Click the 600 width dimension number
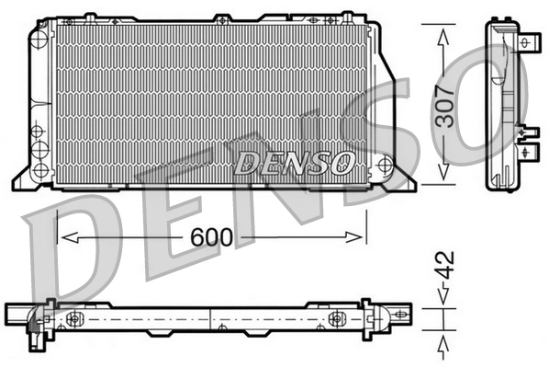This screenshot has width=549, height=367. (212, 237)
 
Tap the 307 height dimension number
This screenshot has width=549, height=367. (445, 105)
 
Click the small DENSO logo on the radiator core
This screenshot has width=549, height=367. (296, 163)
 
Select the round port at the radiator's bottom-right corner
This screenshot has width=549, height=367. (384, 166)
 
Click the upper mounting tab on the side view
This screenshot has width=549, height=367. (531, 42)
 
